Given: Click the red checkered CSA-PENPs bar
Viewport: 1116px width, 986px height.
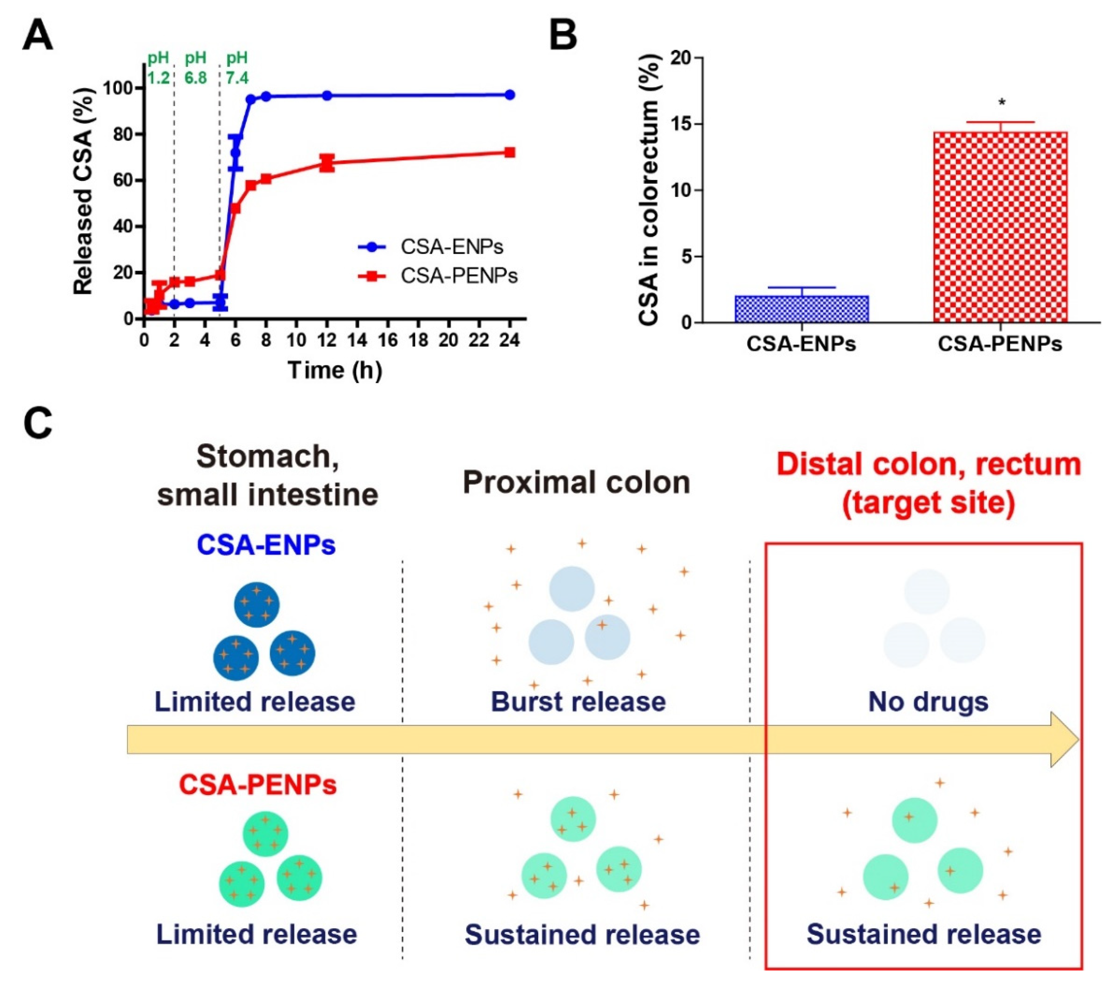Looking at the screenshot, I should pyautogui.click(x=1000, y=227).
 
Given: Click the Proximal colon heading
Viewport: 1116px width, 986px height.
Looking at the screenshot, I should pyautogui.click(x=577, y=483).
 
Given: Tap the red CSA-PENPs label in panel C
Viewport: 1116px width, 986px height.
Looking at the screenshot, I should pyautogui.click(x=258, y=785).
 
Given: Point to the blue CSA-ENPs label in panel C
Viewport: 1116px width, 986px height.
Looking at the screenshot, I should pyautogui.click(x=266, y=545).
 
